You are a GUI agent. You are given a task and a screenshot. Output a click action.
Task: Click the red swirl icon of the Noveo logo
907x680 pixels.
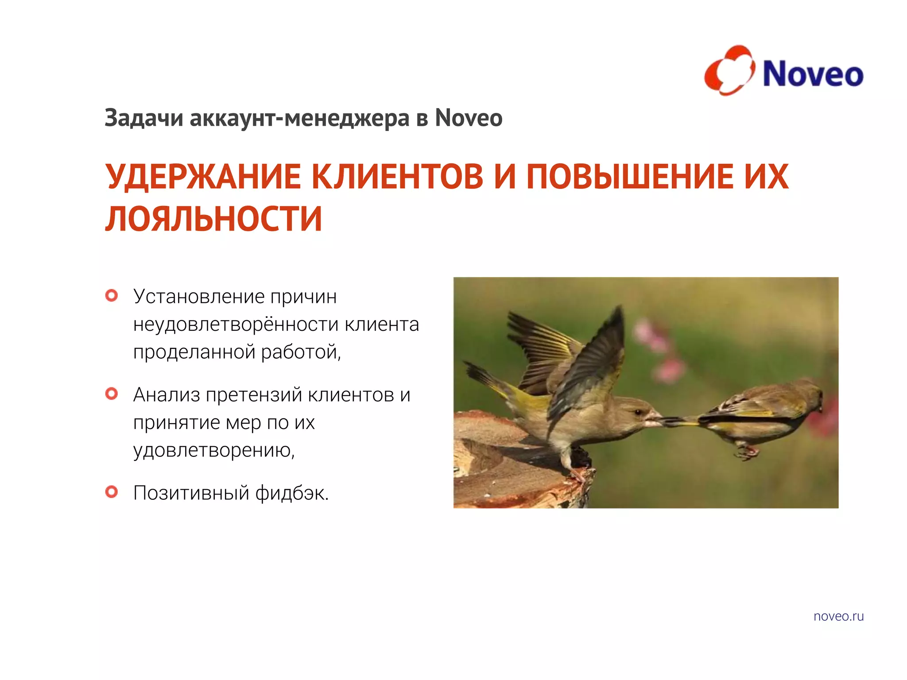click(729, 70)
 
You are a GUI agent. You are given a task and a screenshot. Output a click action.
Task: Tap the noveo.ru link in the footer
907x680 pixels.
click(838, 616)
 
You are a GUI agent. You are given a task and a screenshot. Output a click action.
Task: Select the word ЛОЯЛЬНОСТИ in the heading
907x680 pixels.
click(213, 219)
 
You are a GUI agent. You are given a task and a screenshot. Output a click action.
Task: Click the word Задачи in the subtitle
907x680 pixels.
click(143, 118)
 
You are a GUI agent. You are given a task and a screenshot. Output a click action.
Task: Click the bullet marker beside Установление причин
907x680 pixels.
click(112, 295)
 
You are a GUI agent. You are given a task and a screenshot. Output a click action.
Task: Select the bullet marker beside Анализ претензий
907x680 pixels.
click(112, 394)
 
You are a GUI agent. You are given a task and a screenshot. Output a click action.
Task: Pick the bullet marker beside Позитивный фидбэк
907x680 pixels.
click(112, 492)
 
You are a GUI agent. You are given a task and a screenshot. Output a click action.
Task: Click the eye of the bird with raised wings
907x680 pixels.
click(637, 412)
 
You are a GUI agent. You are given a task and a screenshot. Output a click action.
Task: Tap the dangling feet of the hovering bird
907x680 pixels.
click(746, 452)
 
